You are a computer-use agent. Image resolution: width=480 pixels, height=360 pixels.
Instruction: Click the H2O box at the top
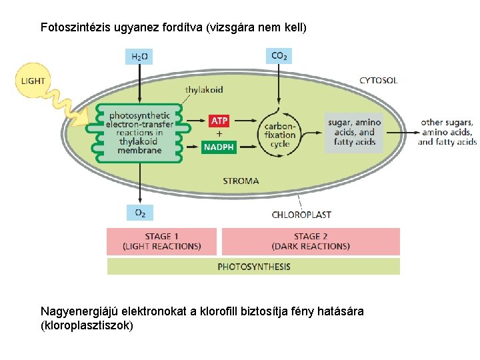[139, 56]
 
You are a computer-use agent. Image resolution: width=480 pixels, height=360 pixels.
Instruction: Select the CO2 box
[279, 55]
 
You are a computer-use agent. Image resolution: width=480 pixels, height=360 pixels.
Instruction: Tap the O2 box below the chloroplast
[140, 213]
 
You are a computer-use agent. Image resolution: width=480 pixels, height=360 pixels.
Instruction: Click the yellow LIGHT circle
[32, 81]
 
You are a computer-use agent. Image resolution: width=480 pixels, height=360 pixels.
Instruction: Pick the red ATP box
[219, 121]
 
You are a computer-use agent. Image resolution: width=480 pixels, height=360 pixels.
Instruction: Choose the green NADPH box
[219, 147]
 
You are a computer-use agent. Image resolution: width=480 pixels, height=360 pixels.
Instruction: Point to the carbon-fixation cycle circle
[280, 135]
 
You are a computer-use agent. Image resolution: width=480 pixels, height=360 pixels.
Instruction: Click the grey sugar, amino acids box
[354, 132]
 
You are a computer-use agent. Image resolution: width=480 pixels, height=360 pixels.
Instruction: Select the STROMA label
[241, 181]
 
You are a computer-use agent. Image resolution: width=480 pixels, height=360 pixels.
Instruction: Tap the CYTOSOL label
[378, 81]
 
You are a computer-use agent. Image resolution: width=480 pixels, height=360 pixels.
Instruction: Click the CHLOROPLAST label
[301, 215]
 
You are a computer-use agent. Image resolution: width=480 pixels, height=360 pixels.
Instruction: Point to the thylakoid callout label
[204, 89]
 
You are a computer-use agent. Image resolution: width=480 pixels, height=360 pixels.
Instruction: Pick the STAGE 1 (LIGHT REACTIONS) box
[162, 241]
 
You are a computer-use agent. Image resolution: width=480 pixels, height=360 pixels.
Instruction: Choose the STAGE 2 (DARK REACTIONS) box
[311, 241]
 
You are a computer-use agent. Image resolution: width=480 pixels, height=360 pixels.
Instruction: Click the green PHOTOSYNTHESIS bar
[254, 267]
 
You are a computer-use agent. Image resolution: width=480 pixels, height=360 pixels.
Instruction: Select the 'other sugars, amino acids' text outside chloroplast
[447, 132]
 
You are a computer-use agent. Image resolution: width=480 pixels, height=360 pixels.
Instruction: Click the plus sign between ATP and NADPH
[219, 133]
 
